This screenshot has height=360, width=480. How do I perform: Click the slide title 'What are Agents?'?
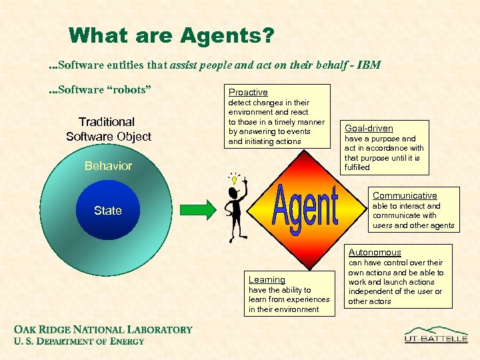point(171,35)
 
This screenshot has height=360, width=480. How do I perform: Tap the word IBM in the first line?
point(368,65)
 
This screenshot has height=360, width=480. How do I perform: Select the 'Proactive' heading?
point(248,92)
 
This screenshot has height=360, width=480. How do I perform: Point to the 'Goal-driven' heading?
point(369,128)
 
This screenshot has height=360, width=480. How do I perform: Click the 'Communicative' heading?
point(405,195)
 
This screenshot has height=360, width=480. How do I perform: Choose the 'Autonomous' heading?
point(375,252)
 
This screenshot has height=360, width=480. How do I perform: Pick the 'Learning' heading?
point(267,280)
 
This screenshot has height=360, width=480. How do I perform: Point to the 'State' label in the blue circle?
point(108,211)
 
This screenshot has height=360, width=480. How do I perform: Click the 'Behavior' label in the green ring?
point(108,166)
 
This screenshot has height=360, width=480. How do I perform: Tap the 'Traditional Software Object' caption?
point(108,129)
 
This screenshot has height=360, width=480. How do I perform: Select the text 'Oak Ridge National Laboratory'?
point(103,329)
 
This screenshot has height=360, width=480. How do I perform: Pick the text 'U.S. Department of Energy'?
point(79,341)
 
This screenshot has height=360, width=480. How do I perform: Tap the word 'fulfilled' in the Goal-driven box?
point(357,167)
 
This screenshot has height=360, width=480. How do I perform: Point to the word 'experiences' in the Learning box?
point(308,299)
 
